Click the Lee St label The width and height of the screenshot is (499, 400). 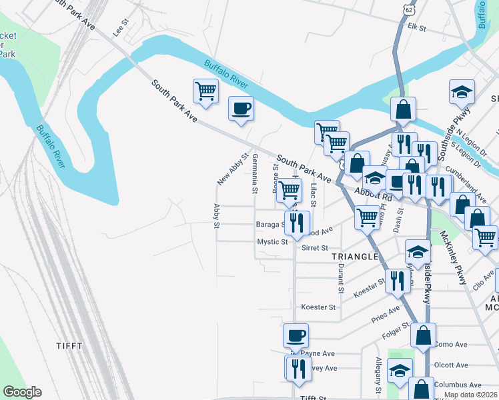(x=120, y=31)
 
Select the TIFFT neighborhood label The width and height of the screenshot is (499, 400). (x=70, y=345)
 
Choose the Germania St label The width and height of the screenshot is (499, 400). (x=255, y=173)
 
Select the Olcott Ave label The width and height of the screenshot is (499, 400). (x=450, y=365)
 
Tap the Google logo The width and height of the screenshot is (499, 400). (x=22, y=392)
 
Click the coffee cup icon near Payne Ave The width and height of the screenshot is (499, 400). (x=296, y=335)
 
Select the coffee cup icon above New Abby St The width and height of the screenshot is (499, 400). (x=241, y=109)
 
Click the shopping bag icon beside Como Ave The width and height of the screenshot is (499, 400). (x=423, y=335)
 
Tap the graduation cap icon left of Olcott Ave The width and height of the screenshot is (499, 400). (x=400, y=371)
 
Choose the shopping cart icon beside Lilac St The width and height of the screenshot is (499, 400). (x=289, y=190)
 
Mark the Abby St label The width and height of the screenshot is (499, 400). (x=217, y=215)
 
